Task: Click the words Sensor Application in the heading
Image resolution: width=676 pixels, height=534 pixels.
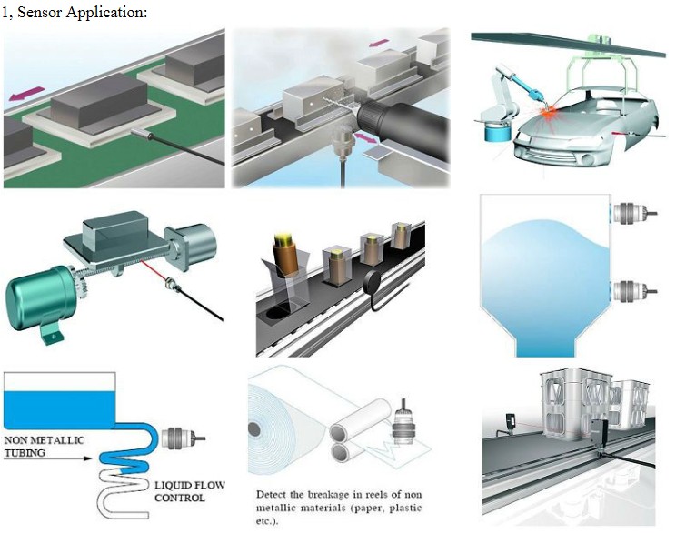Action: coord(82,12)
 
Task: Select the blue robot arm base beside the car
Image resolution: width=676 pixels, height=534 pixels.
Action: coord(498,134)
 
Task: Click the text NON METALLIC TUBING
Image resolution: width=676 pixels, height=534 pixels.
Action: coord(43,446)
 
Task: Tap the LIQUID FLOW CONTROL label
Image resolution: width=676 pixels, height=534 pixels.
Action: coord(191,492)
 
